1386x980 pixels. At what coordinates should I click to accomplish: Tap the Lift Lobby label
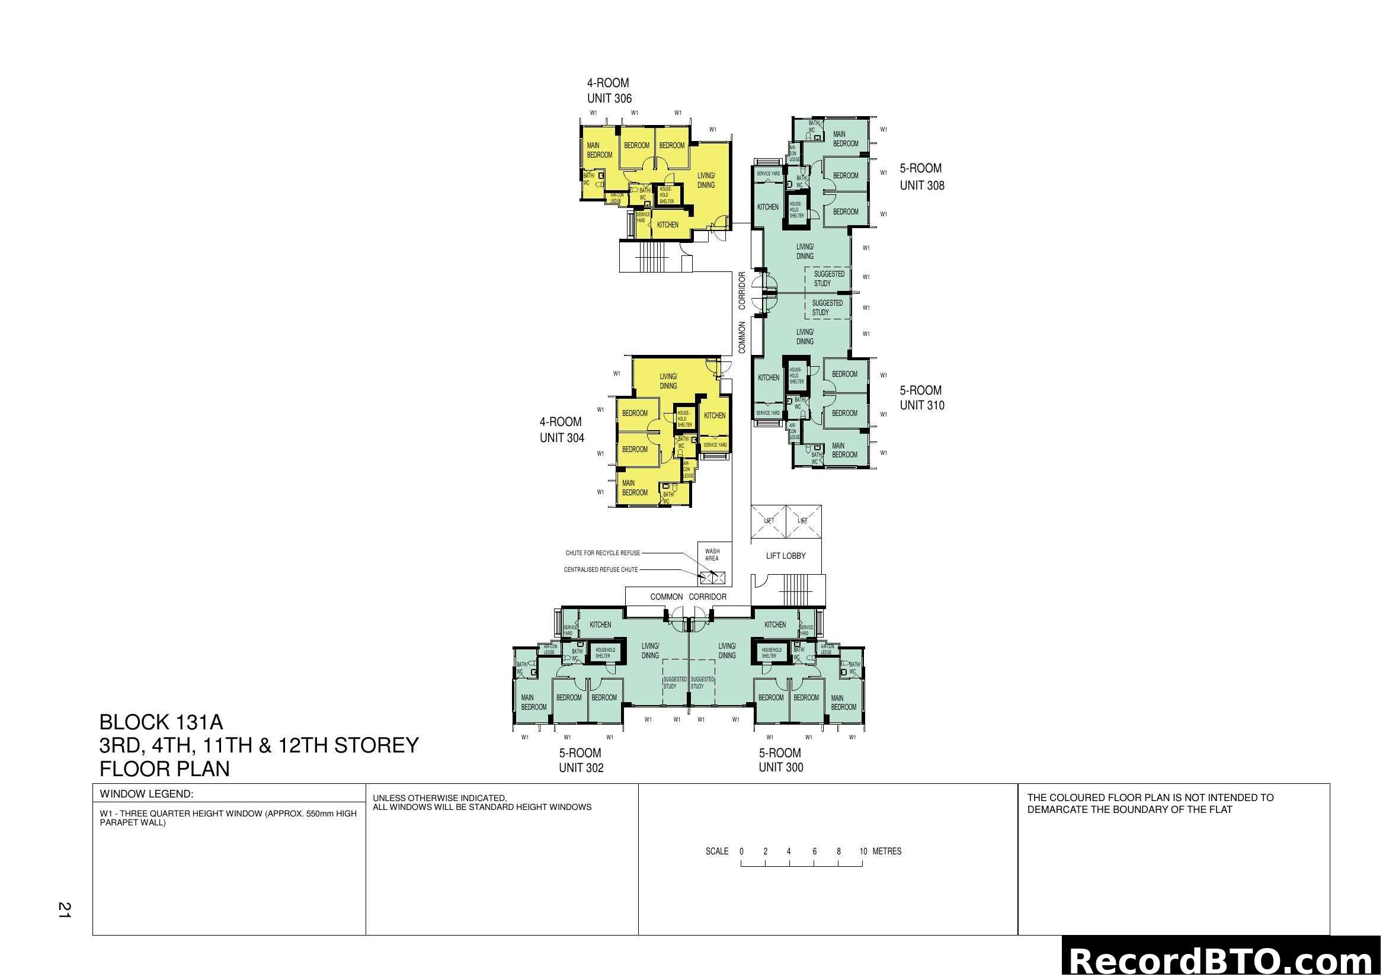(785, 556)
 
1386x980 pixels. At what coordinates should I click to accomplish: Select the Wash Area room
(712, 555)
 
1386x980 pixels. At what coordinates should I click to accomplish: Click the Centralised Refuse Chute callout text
(601, 569)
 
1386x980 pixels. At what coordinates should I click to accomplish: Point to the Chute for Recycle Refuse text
(603, 553)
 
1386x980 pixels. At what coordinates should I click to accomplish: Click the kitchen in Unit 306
(668, 225)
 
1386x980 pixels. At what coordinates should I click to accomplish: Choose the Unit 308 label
(921, 177)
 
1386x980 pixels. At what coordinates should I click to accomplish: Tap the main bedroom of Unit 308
(844, 139)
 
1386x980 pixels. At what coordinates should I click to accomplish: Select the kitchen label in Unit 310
(769, 378)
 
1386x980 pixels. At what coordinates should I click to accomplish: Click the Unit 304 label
(561, 430)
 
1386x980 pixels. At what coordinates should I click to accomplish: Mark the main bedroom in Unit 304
(635, 488)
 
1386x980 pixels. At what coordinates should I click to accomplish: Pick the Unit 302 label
(581, 760)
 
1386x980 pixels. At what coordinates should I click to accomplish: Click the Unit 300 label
(780, 760)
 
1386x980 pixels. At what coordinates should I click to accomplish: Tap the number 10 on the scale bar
(863, 851)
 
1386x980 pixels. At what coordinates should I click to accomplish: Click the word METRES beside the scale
(887, 851)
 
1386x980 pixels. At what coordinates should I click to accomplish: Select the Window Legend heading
(146, 794)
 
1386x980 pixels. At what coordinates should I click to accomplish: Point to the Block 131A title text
(161, 722)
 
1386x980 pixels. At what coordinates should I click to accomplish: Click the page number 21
(64, 910)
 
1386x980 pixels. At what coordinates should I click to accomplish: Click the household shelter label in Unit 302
(604, 653)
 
